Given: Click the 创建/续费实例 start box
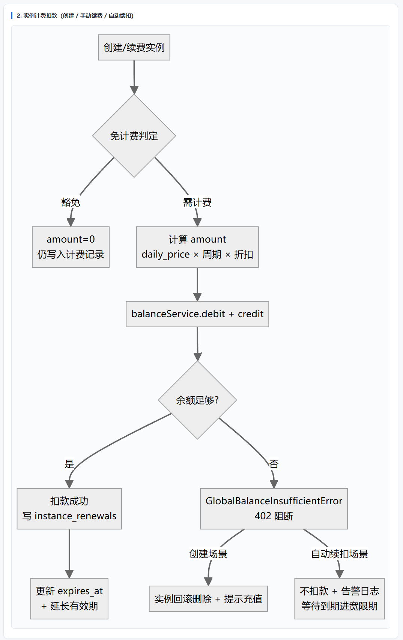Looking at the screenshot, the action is coord(134,48).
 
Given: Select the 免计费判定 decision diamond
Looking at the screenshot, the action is coord(134,136).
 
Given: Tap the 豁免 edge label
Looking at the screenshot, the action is coord(71,202).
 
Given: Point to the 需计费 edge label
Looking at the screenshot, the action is coord(197,202).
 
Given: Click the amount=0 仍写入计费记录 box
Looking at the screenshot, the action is coord(71,247).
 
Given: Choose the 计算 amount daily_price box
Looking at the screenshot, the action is coord(197,247).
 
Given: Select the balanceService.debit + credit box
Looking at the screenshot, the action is coord(197,314).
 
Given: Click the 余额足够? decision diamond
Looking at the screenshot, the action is coord(197,400).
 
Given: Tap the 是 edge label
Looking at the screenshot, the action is coord(69,464).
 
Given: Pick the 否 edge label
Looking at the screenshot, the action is coord(274,464).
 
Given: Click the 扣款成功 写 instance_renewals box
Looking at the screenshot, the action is coord(69,508).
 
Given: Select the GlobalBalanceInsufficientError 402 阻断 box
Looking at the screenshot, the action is coord(274,508).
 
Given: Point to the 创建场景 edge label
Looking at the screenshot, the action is coord(208,554).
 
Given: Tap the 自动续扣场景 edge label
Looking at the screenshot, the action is coord(340,554).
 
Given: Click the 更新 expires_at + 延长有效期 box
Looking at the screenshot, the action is coord(69,599).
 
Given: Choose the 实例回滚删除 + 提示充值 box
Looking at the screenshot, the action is coord(208,599).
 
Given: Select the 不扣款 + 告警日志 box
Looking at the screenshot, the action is coord(340,599).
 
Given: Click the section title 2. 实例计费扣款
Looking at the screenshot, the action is coord(75,16).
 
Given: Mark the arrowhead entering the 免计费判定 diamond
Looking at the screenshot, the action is coord(134,90).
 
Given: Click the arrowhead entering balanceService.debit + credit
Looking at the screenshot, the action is coord(197,297).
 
